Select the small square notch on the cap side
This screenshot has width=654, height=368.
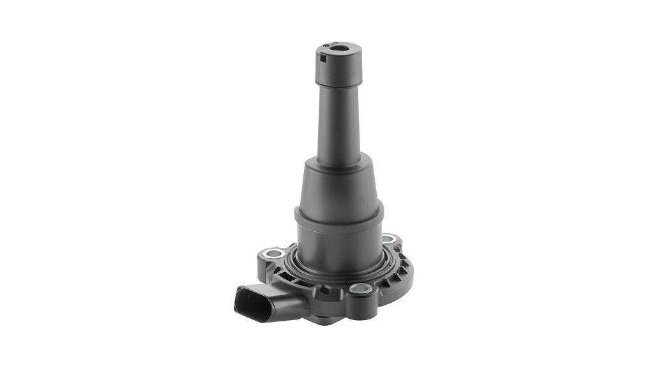(x=323, y=60)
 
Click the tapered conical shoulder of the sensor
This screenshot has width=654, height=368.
(x=338, y=185)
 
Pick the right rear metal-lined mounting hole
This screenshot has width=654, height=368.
(x=388, y=239)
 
